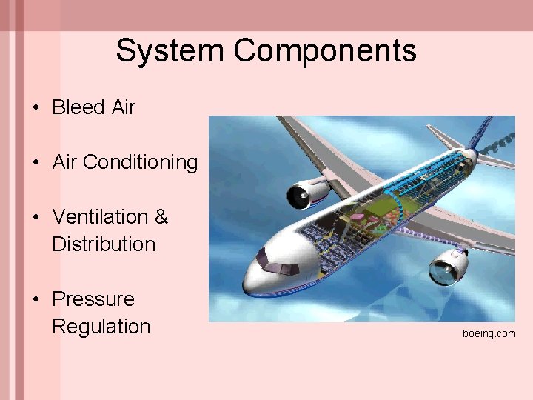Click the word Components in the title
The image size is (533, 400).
coord(325,51)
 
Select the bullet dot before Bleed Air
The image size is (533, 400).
coord(36,108)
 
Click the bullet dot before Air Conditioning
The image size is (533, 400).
coord(36,163)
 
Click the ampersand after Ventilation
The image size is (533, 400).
coord(161,217)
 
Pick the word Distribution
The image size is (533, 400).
coord(104,244)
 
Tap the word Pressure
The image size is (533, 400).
coord(93,299)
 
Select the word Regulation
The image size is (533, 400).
coord(101,327)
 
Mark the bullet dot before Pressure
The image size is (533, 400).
coord(36,300)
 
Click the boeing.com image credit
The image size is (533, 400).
coord(489,333)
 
